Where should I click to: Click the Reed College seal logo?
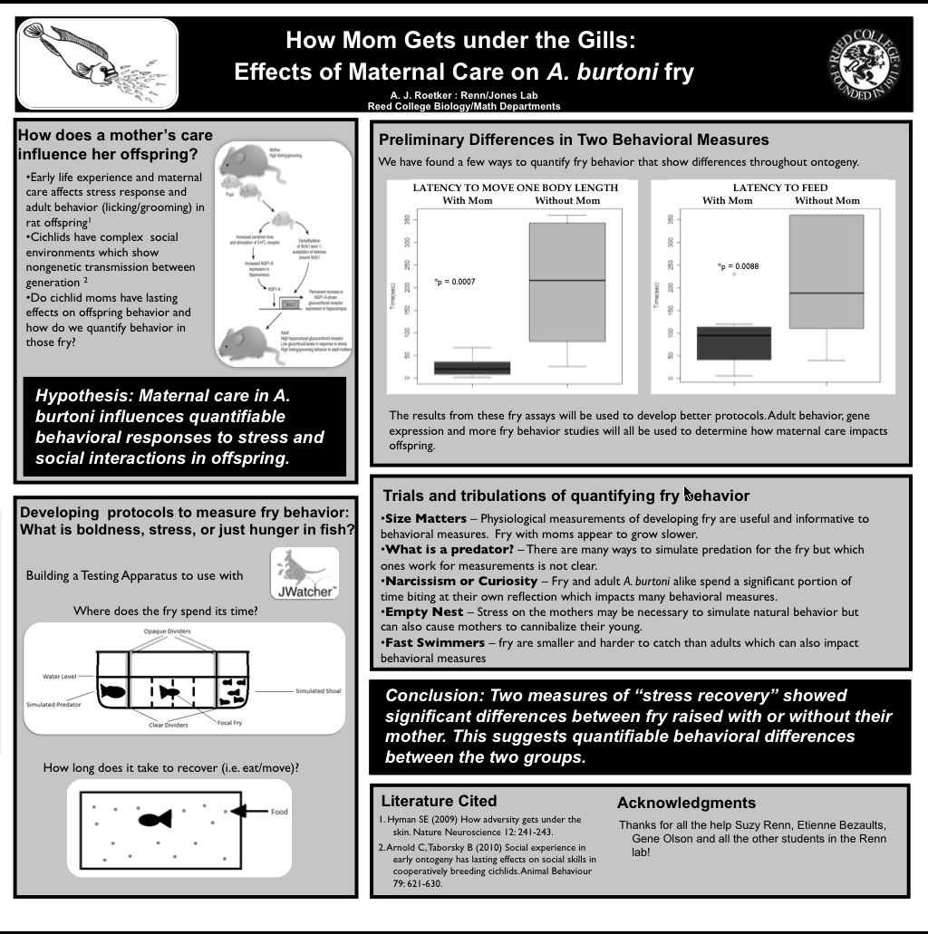pyautogui.click(x=865, y=63)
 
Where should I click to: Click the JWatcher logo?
pyautogui.click(x=304, y=573)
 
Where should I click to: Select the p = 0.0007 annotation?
pyautogui.click(x=455, y=283)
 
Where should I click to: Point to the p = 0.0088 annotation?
pyautogui.click(x=739, y=266)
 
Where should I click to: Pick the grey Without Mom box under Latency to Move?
pyautogui.click(x=567, y=282)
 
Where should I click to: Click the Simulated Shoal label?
pyautogui.click(x=318, y=691)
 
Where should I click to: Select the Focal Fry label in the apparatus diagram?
pyautogui.click(x=230, y=723)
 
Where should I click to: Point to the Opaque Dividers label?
pyautogui.click(x=167, y=631)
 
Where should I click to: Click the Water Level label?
pyautogui.click(x=60, y=676)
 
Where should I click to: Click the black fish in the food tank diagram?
pyautogui.click(x=155, y=819)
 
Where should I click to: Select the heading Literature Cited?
pyautogui.click(x=439, y=801)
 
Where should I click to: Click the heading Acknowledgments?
pyautogui.click(x=686, y=803)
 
